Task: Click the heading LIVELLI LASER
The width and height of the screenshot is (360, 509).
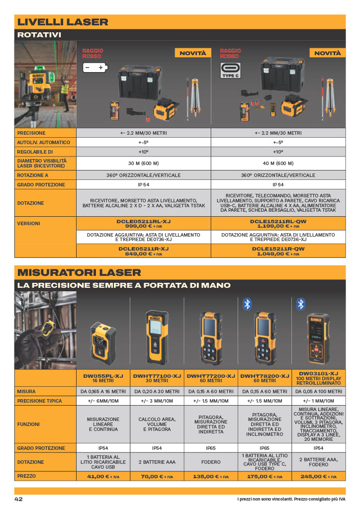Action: click(63, 22)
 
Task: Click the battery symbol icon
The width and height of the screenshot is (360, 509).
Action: click(95, 68)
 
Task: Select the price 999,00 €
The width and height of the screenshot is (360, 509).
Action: click(139, 226)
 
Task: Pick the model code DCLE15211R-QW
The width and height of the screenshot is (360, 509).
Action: click(278, 249)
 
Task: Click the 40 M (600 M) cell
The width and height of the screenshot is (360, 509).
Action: click(278, 163)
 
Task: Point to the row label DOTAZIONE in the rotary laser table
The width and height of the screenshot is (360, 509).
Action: click(30, 203)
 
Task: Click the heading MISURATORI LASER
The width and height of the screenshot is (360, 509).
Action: click(79, 272)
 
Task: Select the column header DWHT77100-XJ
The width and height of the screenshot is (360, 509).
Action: click(157, 376)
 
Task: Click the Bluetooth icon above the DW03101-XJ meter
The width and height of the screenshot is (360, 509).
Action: click(301, 304)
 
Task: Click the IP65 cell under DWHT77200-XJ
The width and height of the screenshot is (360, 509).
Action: click(211, 448)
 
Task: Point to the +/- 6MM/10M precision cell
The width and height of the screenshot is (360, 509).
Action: click(103, 401)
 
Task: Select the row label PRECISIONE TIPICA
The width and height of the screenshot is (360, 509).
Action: click(39, 401)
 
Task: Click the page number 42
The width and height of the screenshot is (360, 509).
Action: click(18, 499)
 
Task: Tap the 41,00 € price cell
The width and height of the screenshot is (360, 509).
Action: click(103, 476)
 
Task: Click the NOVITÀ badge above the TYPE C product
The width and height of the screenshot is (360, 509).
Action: click(327, 53)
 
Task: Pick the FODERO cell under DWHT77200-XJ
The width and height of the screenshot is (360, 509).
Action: click(211, 462)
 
